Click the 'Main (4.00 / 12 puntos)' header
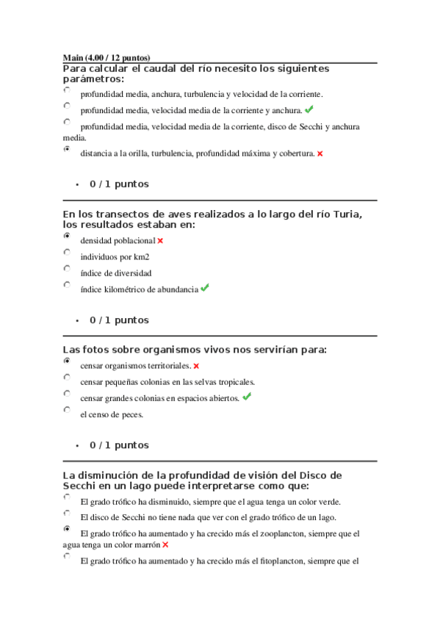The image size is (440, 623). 107,57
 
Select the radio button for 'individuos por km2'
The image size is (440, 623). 68,252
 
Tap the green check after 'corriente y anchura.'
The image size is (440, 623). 309,109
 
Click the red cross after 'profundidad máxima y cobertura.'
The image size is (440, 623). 320,154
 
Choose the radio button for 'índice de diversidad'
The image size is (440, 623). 68,268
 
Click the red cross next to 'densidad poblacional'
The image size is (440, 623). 160,240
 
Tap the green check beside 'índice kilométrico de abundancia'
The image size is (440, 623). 205,288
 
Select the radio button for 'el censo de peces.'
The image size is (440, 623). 68,410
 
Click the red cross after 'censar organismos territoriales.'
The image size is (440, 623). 196,365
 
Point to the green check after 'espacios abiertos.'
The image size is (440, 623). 247,397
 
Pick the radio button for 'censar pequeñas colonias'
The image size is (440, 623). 68,378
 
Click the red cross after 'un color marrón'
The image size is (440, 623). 165,544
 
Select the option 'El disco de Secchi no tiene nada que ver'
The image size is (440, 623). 68,514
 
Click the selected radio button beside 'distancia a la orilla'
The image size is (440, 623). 68,148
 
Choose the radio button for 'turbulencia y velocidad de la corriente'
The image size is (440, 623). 68,90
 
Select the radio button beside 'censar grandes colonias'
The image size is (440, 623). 68,394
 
